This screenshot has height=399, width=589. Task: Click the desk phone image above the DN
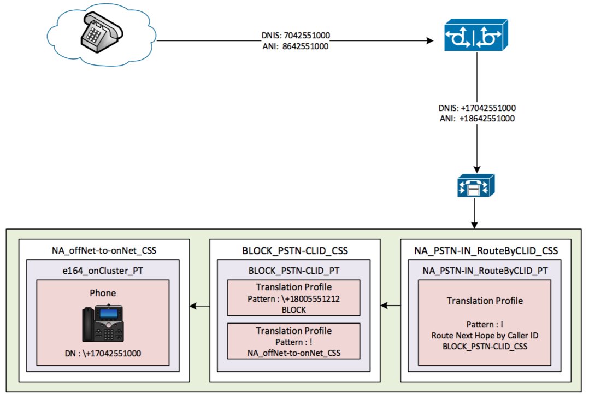point(103,323)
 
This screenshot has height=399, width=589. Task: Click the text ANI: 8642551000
point(295,47)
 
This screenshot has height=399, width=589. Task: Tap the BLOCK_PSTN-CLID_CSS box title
point(294,251)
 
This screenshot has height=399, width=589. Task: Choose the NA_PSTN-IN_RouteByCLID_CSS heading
point(486,251)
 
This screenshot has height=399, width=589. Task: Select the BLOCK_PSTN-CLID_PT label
point(294,270)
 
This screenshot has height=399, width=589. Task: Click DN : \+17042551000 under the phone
point(103,353)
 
